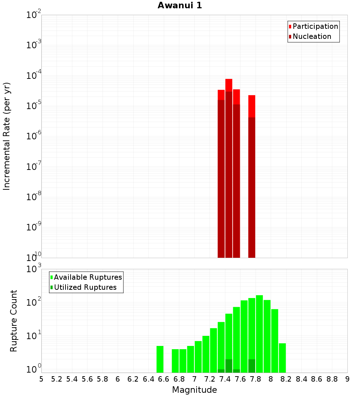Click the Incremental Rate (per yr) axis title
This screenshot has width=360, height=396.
[x=7, y=136]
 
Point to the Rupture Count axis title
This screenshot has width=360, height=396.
[x=14, y=320]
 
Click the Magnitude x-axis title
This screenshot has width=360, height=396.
[x=194, y=390]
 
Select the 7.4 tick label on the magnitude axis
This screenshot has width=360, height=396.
[x=225, y=379]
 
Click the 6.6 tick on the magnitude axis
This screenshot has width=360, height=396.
[x=164, y=379]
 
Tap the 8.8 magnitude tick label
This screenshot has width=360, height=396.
[x=332, y=379]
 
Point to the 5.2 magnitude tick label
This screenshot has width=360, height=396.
[x=57, y=379]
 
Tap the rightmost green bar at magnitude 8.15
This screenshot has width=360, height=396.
[x=282, y=358]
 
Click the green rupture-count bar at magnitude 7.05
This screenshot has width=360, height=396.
[x=198, y=357]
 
